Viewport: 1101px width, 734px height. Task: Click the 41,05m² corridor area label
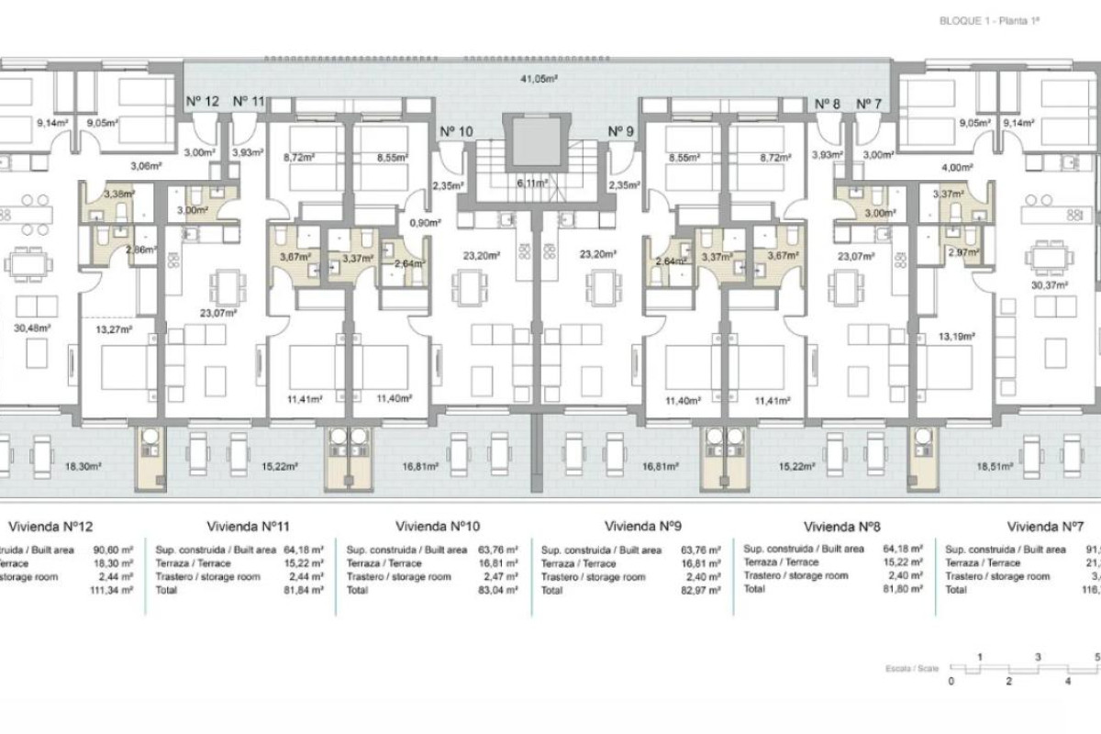[x=541, y=80]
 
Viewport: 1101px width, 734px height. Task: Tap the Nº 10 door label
[x=456, y=131]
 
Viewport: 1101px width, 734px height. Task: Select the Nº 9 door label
[x=621, y=131]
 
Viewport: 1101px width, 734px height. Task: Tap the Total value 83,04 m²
[x=497, y=591]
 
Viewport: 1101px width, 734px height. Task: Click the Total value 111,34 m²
[x=115, y=591]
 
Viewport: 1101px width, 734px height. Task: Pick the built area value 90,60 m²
[x=116, y=550]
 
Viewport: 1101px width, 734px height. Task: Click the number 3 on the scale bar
[x=1038, y=658]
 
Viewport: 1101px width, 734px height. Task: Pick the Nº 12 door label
[x=202, y=102]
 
